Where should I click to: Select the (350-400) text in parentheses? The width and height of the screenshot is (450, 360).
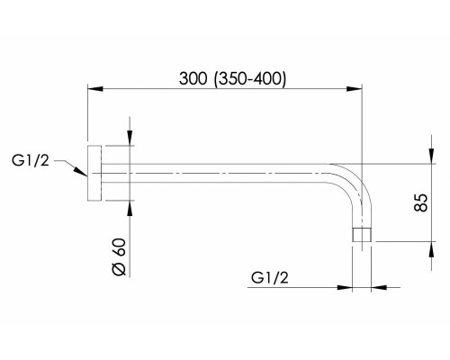click(252, 78)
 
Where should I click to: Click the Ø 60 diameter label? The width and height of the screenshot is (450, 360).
click(117, 257)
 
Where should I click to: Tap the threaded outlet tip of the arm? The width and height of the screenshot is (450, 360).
click(360, 236)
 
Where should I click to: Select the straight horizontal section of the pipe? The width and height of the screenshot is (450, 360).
click(216, 171)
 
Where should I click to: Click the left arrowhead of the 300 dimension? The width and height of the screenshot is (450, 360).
click(94, 88)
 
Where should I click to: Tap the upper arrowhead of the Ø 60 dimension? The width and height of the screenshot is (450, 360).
click(131, 137)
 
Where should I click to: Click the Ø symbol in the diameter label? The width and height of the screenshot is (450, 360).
click(117, 271)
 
